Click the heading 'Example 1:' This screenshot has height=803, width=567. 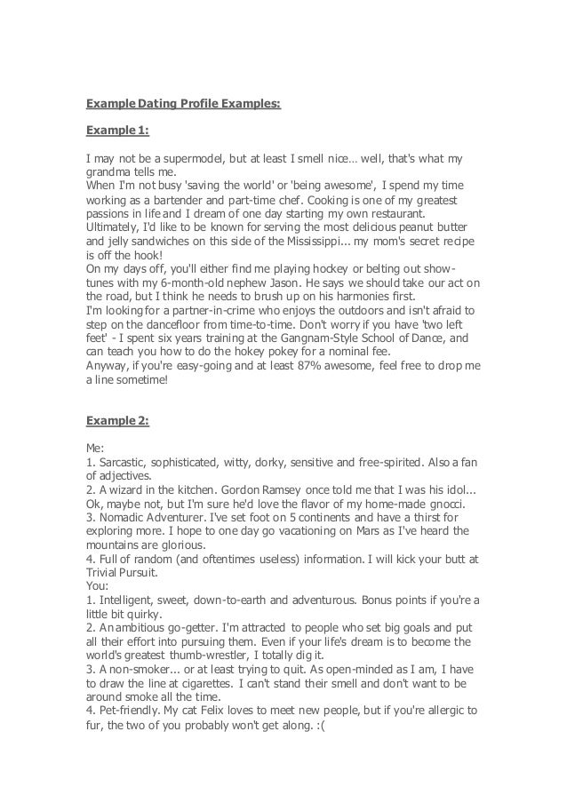[117, 131]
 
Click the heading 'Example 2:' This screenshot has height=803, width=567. [117, 420]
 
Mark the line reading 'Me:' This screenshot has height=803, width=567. [95, 449]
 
